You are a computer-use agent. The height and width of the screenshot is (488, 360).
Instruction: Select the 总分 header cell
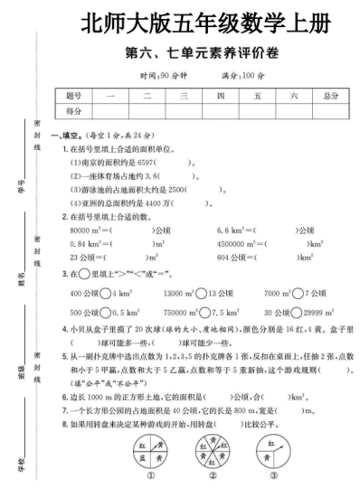coord(329,95)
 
